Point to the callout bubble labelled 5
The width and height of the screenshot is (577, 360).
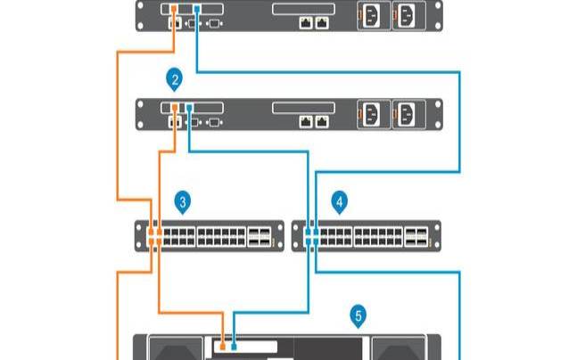[359, 315]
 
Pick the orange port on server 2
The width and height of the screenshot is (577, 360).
[175, 110]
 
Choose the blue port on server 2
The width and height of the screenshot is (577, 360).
[189, 110]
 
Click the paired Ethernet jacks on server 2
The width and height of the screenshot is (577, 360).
[314, 118]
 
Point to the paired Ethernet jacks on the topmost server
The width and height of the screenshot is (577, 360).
[314, 20]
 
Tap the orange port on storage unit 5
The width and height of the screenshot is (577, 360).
[223, 342]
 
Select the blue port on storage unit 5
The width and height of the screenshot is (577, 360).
[234, 342]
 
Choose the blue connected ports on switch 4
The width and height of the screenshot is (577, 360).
[312, 236]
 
